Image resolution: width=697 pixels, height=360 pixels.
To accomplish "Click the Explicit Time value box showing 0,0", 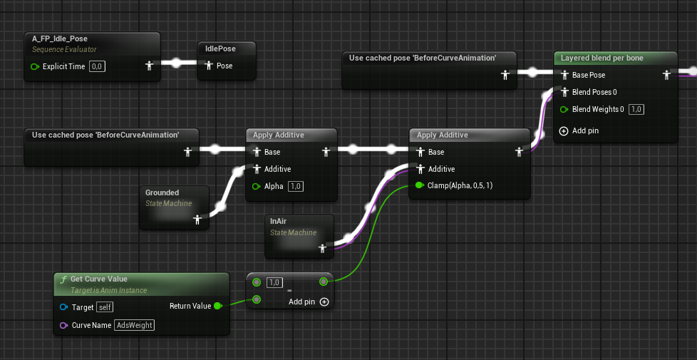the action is tap(98, 67).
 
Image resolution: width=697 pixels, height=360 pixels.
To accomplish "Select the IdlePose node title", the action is tap(220, 48).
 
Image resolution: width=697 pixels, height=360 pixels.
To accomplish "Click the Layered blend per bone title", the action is tap(602, 58).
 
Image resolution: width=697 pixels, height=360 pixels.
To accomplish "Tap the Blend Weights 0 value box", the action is tap(636, 109).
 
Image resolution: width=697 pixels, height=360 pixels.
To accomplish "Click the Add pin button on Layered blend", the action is tap(579, 130).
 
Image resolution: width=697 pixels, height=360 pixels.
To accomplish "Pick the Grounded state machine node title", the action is tap(162, 192).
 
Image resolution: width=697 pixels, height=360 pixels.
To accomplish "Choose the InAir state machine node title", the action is tap(278, 221).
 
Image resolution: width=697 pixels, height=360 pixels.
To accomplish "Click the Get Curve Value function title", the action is tap(98, 279).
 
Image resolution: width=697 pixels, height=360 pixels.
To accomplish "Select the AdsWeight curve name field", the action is tap(134, 325).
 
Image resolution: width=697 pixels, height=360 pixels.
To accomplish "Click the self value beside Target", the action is tap(105, 307).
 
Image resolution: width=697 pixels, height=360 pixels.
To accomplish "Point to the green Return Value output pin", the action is tap(217, 306).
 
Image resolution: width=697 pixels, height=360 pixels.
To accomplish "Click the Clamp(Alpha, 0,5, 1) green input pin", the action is tap(419, 185).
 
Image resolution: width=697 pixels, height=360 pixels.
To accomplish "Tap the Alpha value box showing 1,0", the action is tap(296, 186).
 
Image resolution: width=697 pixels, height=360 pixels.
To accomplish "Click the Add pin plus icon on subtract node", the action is tap(324, 302).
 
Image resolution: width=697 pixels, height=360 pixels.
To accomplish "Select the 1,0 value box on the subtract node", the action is tap(274, 282).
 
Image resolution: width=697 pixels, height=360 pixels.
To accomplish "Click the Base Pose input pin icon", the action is tap(564, 75).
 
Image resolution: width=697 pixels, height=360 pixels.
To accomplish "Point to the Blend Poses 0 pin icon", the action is tap(564, 92).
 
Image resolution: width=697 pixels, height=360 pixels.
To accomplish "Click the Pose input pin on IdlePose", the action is tap(209, 66).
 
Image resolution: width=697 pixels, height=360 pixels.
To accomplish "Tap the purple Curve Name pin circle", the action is tap(63, 325).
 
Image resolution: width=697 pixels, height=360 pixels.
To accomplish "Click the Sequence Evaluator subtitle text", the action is tap(64, 49).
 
